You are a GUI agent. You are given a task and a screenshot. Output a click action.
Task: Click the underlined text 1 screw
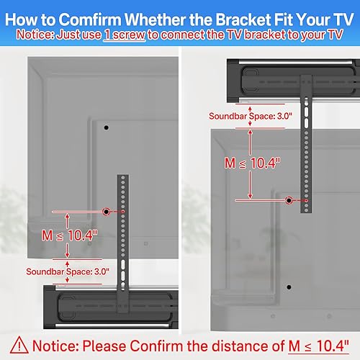click(x=125, y=33)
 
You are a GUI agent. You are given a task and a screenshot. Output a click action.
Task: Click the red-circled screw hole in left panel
click(x=107, y=211)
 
